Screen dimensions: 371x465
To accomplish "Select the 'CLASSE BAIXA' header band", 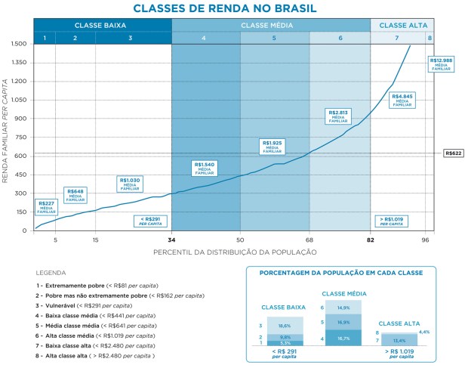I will point(102,25).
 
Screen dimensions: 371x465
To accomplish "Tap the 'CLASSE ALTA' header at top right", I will point(402,25).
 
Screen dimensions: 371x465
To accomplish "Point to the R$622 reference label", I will point(453,153).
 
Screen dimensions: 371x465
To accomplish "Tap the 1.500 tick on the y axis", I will point(19,45).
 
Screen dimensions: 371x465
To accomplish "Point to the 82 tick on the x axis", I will point(370,240).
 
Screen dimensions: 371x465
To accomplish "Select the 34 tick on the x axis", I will point(171,240).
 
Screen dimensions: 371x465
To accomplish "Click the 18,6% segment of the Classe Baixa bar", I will point(285,324).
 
